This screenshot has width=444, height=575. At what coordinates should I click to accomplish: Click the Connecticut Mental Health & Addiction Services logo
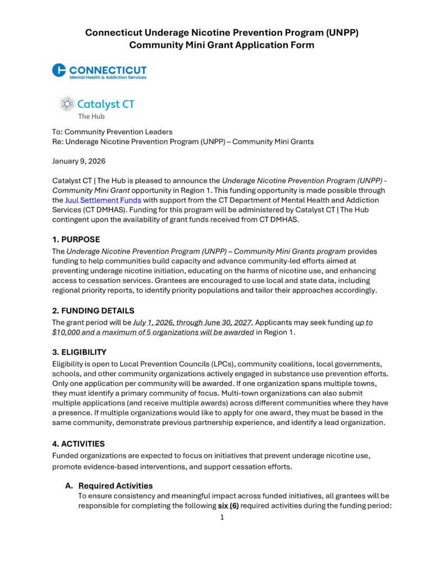pos(99,71)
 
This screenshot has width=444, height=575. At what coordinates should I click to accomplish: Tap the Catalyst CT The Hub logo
pos(97,107)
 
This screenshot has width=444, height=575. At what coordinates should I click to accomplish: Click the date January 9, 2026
pos(79,161)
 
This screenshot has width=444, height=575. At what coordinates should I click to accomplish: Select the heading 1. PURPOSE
pos(76,239)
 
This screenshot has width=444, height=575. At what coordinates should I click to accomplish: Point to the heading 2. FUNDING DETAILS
pos(93,311)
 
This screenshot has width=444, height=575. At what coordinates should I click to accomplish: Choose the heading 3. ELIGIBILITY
pos(79,352)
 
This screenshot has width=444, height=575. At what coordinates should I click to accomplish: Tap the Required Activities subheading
pos(116,485)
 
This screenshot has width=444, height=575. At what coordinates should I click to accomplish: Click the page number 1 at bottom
pos(222,517)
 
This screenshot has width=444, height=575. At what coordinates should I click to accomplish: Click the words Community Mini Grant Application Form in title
pos(222,44)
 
